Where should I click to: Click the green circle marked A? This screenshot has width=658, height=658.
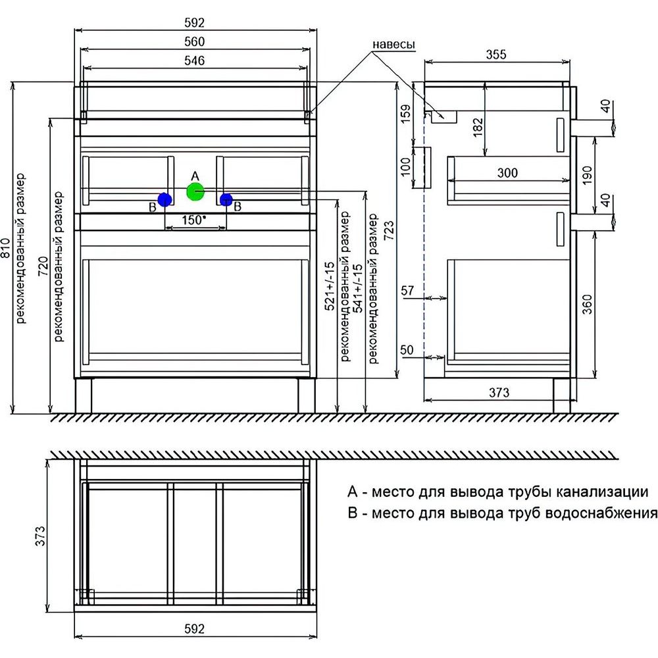[195, 191]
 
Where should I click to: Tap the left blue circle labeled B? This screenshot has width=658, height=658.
[164, 199]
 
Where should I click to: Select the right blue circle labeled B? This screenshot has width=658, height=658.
[226, 199]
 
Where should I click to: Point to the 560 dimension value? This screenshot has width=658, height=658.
[195, 41]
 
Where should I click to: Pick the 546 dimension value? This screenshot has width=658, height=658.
[195, 61]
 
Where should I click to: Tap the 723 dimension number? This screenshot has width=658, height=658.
[389, 230]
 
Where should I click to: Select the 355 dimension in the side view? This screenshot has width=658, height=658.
[497, 55]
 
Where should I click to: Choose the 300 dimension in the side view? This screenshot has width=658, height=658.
[507, 173]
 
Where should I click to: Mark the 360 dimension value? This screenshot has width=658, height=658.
[588, 304]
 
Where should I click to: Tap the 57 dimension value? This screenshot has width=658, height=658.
[407, 290]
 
